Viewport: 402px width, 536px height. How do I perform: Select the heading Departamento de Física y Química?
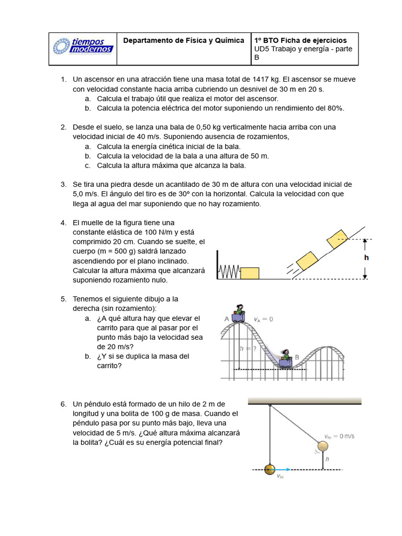tap(183, 40)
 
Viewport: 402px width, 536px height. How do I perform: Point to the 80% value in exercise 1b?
tap(333, 108)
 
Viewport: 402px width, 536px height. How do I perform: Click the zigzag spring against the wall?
tap(229, 272)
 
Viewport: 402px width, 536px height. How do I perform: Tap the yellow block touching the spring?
tap(250, 273)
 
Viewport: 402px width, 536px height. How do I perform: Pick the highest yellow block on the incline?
tap(337, 239)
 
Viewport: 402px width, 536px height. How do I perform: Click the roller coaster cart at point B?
tap(286, 358)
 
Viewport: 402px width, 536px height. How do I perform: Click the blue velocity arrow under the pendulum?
tap(286, 470)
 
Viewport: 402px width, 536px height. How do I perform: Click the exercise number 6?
tap(63, 404)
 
